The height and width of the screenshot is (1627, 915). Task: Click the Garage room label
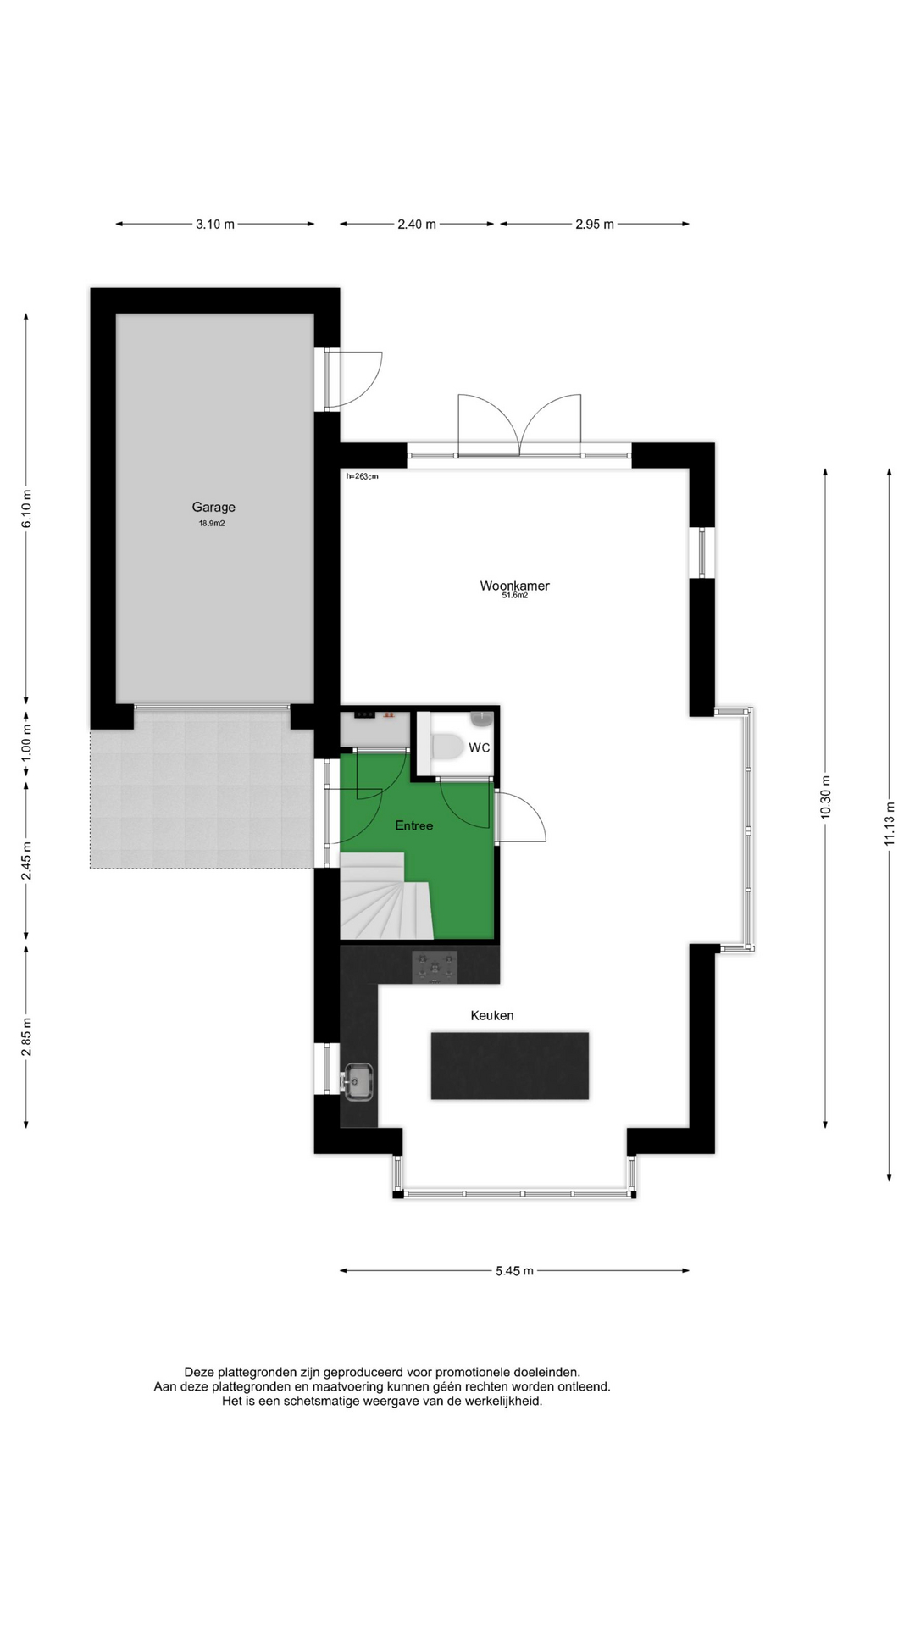213,508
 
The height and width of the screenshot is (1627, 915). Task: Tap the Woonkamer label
514,586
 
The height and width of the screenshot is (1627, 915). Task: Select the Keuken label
492,1015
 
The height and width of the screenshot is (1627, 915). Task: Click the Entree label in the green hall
414,825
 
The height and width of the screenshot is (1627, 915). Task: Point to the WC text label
480,747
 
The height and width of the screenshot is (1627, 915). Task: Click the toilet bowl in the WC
446,747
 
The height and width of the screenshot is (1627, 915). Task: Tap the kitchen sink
358,1080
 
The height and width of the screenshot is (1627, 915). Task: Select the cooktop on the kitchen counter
435,967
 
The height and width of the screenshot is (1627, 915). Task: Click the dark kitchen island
510,1065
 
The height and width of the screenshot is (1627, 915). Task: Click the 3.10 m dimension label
215,225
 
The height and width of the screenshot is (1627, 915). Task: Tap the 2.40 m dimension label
417,225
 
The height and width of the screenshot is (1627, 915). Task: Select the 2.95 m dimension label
595,225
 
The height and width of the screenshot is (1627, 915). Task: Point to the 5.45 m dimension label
515,1271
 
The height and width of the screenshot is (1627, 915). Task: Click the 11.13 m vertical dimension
890,824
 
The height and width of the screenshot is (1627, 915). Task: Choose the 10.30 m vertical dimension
826,797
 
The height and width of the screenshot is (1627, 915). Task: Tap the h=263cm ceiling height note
362,476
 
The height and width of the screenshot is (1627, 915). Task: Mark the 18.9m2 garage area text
212,524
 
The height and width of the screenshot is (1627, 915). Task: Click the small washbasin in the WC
481,719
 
